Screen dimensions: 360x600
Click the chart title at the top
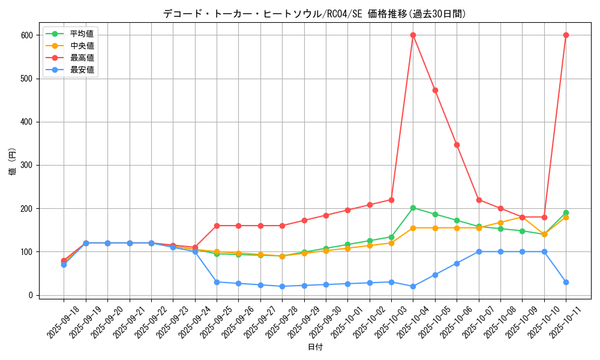(x=314, y=14)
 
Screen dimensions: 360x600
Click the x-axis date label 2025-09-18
(x=62, y=322)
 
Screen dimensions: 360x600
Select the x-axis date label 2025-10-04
(x=412, y=322)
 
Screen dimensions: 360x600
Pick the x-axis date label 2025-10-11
(x=565, y=322)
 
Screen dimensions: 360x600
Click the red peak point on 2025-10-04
(x=413, y=35)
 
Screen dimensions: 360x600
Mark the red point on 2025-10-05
(x=435, y=90)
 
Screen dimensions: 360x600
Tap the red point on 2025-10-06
(x=457, y=145)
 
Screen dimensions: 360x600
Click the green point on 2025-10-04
(x=413, y=208)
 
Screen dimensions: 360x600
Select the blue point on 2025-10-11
(x=566, y=282)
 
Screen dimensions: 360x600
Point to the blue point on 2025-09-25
(x=217, y=282)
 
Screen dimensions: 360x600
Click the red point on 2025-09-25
(x=217, y=226)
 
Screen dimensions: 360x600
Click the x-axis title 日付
(x=315, y=347)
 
